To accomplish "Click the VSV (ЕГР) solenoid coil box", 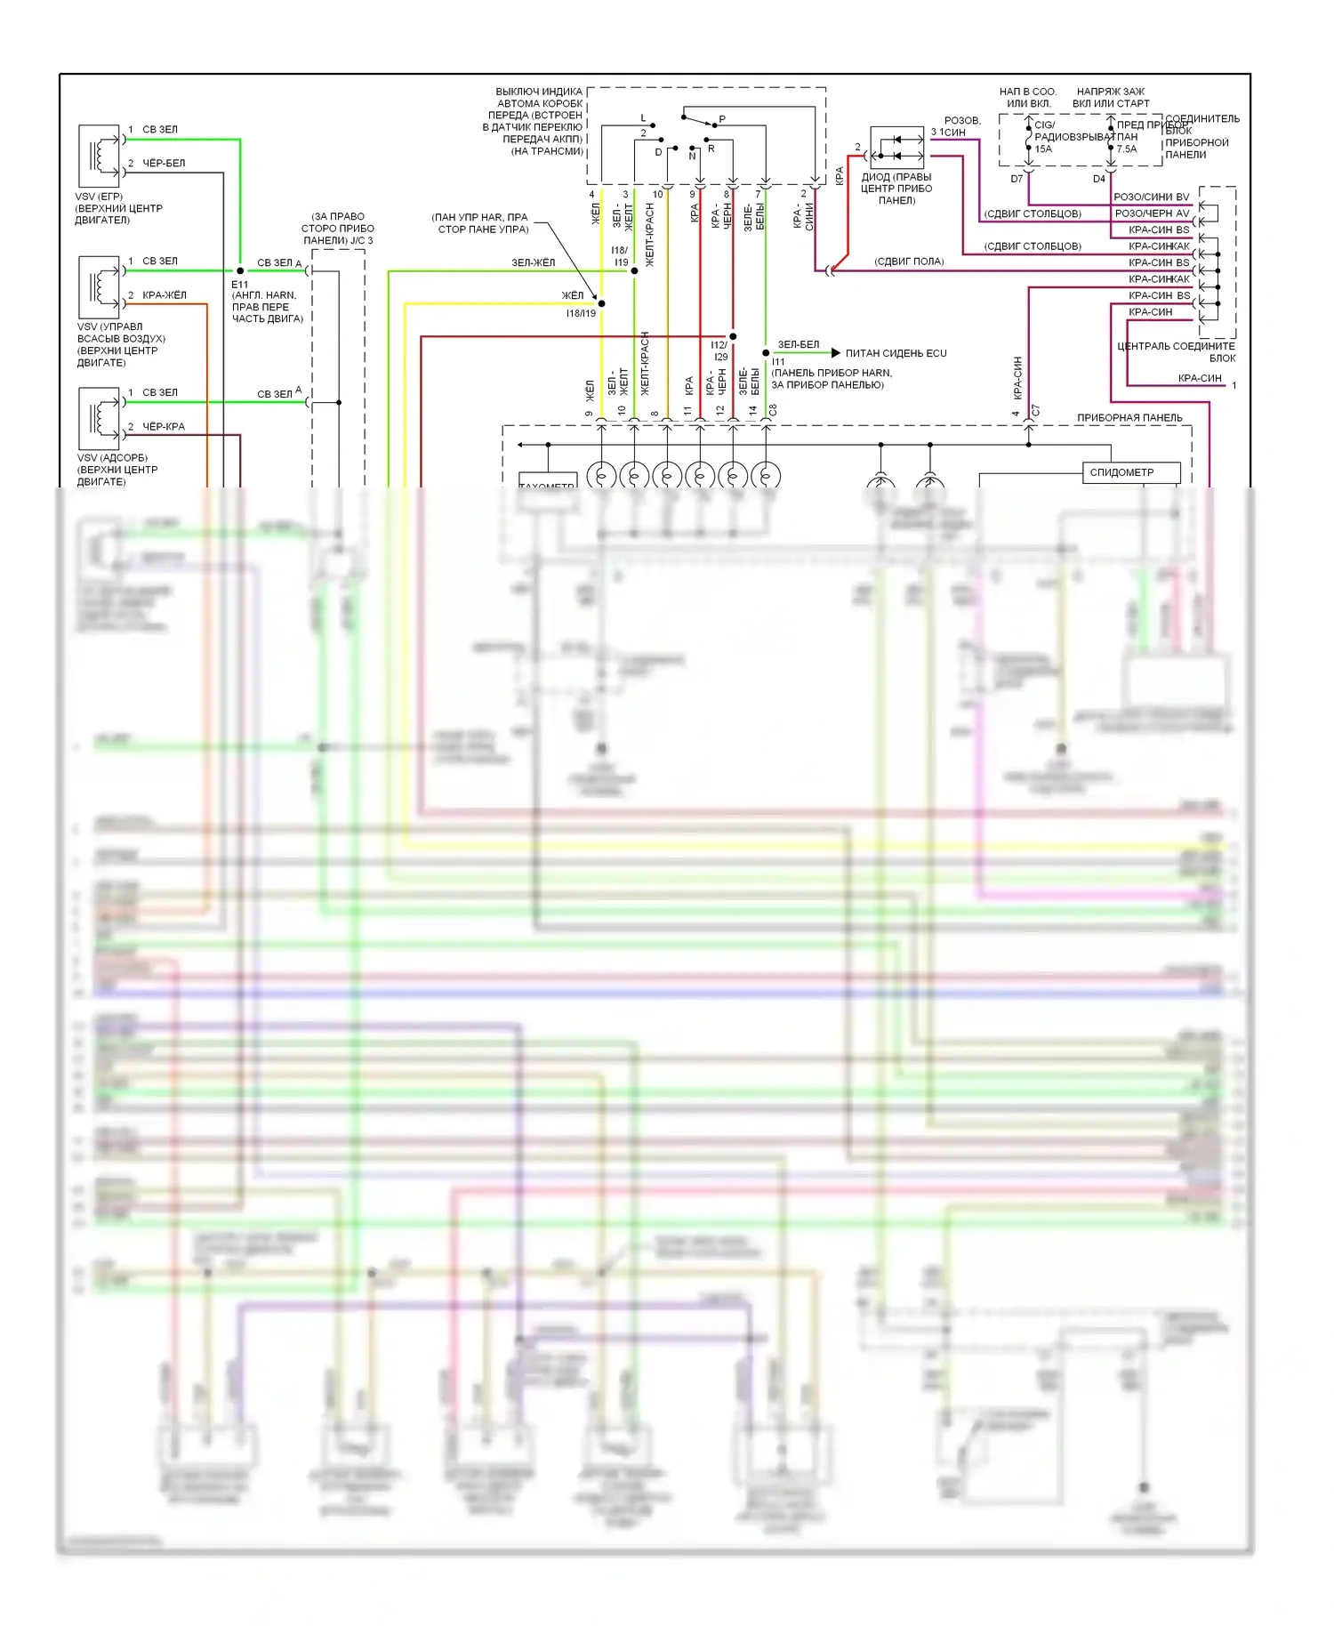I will coord(99,155).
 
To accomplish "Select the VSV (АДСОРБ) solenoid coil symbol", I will coord(99,417).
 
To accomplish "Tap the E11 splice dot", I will coord(240,270).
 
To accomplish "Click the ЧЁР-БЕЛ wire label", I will coord(164,164).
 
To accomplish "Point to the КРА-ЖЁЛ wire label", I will coord(164,295).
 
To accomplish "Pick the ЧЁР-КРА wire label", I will coord(164,427).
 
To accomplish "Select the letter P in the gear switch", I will coord(722,119).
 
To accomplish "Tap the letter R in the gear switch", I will coord(711,149).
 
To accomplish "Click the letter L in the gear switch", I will coord(644,118).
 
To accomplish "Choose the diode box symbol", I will coord(896,148).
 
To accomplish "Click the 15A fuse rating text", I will coord(1043,149).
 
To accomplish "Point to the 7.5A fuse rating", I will coord(1127,149).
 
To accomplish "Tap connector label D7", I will coord(1017,179).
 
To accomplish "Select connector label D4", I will coord(1099,179).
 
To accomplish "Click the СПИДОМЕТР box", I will coord(1130,472).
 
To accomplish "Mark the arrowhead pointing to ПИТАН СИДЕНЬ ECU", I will coord(835,353).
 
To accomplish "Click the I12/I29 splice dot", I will coord(733,336).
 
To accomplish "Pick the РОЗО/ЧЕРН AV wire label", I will coord(1152,213).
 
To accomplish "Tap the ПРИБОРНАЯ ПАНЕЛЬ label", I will coord(1129,417).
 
